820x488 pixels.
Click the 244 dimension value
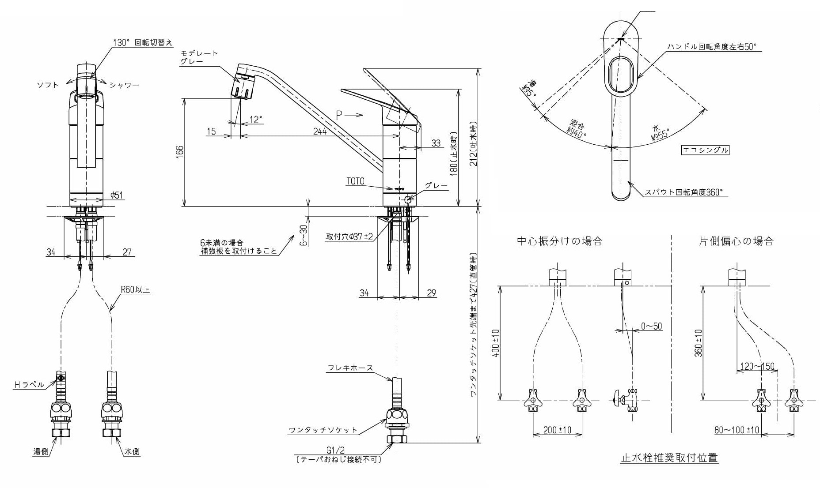(319, 131)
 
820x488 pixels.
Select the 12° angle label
(256, 120)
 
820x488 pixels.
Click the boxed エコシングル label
(705, 150)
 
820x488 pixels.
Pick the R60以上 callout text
(136, 290)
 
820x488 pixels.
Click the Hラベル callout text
(30, 385)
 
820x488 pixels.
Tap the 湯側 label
(41, 451)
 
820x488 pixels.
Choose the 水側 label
(132, 451)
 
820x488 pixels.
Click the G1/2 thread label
(335, 450)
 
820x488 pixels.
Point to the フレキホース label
(350, 368)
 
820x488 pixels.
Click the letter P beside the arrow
(339, 116)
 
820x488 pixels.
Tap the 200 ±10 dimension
(557, 430)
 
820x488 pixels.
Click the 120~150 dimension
(757, 366)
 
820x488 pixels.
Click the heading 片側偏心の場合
(736, 241)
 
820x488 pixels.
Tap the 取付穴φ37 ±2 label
(349, 236)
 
